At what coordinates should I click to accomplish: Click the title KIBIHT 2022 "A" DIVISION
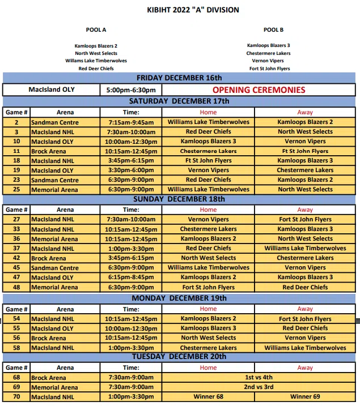tap(193, 10)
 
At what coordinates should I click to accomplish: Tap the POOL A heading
tap(96, 29)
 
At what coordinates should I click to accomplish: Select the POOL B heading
tap(273, 29)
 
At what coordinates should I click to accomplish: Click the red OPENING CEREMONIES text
tap(259, 89)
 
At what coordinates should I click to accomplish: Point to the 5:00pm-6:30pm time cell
tap(131, 89)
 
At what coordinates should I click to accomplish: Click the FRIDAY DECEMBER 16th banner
tap(179, 78)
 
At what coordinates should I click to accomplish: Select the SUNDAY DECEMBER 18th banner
tap(179, 199)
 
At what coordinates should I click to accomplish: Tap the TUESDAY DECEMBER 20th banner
tap(179, 356)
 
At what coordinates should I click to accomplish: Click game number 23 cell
tap(16, 180)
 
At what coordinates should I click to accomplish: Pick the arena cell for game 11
tap(65, 151)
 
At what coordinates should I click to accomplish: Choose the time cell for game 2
tap(131, 122)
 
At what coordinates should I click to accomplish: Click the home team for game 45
tap(208, 267)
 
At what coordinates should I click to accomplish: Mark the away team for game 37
tap(305, 248)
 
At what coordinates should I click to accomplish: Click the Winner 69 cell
tap(305, 396)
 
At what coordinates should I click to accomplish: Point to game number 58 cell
tap(16, 348)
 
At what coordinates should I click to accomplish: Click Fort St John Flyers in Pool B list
tap(269, 69)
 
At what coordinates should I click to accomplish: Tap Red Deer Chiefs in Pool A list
tap(96, 69)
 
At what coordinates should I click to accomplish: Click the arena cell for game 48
tap(65, 287)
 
